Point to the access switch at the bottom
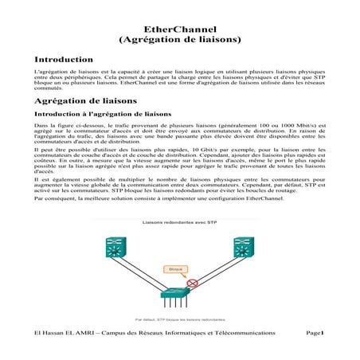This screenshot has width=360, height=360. point(180,297)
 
